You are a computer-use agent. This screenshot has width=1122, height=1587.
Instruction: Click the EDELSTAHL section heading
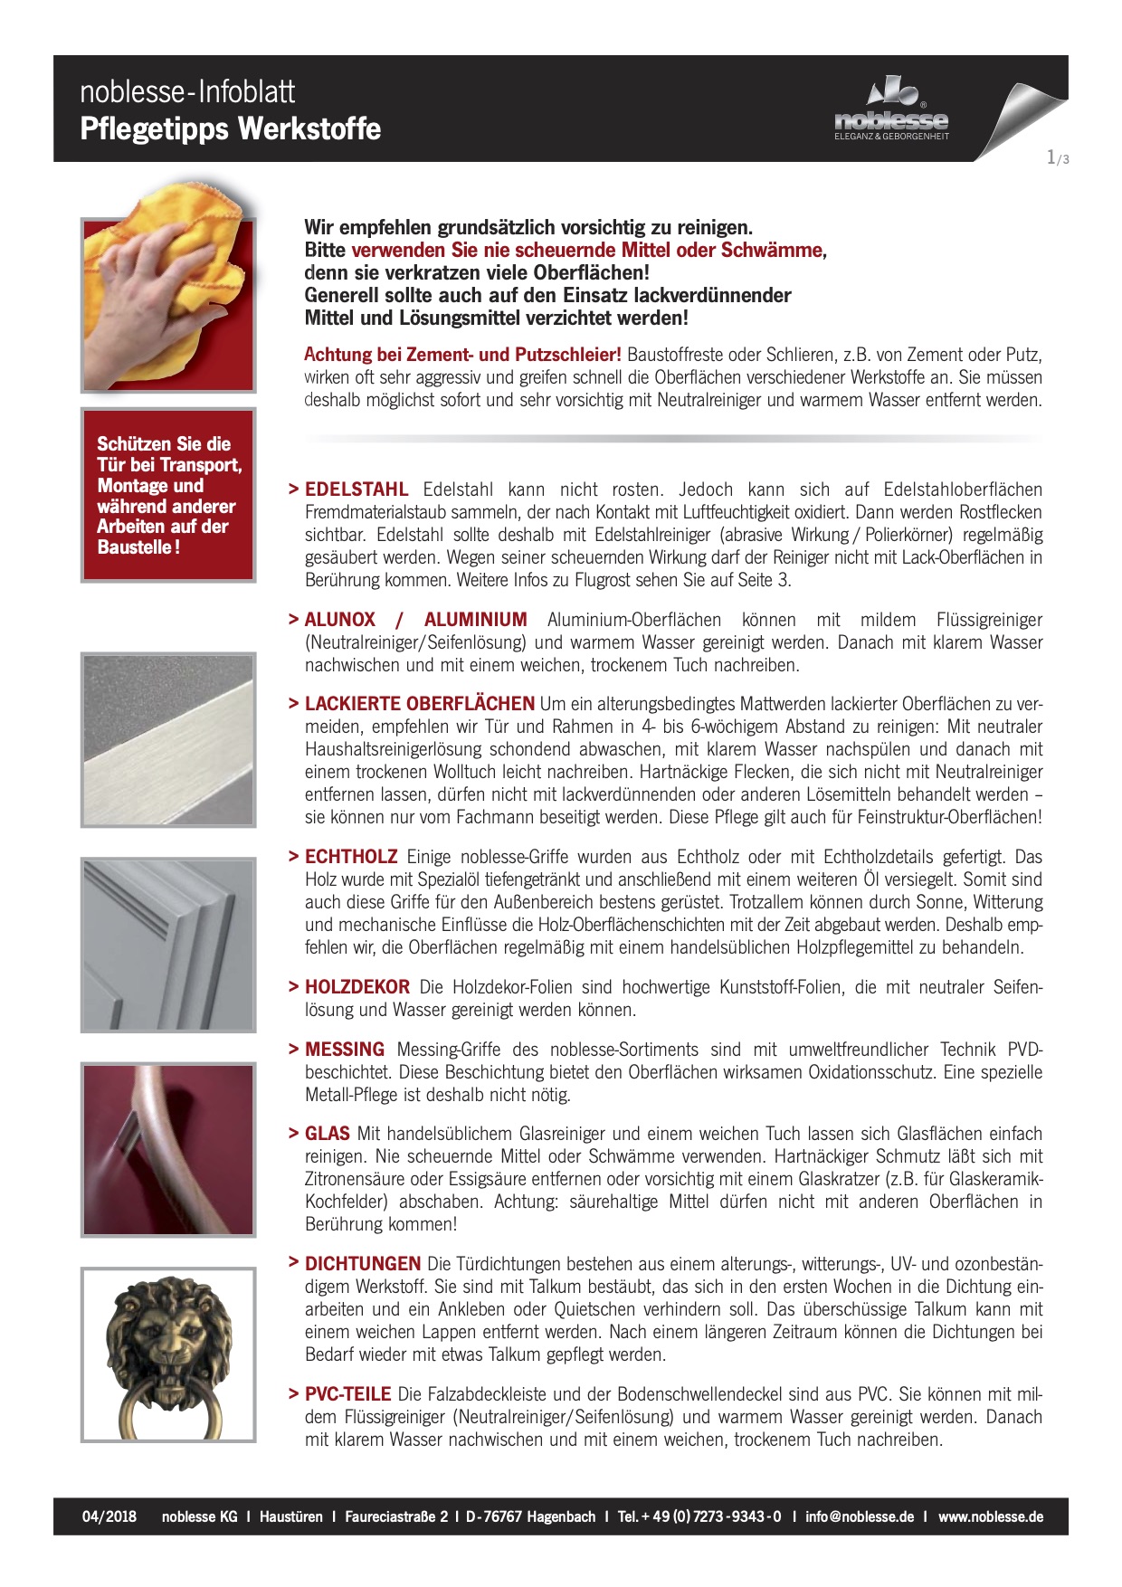356,489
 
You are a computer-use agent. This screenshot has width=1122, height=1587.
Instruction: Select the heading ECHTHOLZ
351,857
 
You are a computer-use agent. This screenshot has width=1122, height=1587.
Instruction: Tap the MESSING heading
344,1050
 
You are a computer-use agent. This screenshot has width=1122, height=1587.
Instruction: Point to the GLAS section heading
327,1134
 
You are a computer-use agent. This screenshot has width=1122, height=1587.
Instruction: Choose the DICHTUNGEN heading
362,1264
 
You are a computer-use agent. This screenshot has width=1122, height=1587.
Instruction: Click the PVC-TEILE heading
347,1394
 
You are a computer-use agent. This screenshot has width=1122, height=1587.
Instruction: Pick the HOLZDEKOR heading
357,987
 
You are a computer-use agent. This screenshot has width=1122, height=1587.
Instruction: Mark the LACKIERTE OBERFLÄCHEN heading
419,704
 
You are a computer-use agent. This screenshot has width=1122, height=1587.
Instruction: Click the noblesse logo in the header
891,109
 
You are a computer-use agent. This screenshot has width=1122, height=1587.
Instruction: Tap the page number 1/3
1057,158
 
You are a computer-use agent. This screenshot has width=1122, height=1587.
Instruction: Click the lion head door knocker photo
168,1354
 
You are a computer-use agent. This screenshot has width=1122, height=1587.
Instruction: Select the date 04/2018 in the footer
109,1516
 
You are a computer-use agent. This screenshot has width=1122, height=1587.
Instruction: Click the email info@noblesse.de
859,1516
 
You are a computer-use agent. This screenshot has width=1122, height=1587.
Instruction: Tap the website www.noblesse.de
990,1516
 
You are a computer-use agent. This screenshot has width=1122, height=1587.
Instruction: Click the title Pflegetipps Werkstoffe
231,128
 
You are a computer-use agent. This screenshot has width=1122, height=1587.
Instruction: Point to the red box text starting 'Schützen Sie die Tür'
168,495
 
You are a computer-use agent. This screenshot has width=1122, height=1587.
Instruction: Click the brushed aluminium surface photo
168,739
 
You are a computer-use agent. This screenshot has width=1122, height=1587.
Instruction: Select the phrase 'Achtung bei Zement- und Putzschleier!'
462,355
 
